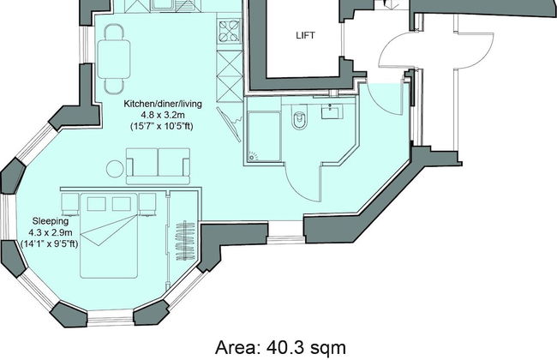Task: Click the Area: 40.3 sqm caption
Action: tap(279, 347)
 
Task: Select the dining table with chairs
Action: tap(114, 58)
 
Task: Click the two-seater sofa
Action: tap(159, 164)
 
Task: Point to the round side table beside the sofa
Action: tap(115, 168)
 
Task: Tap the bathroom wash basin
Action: tap(331, 111)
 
